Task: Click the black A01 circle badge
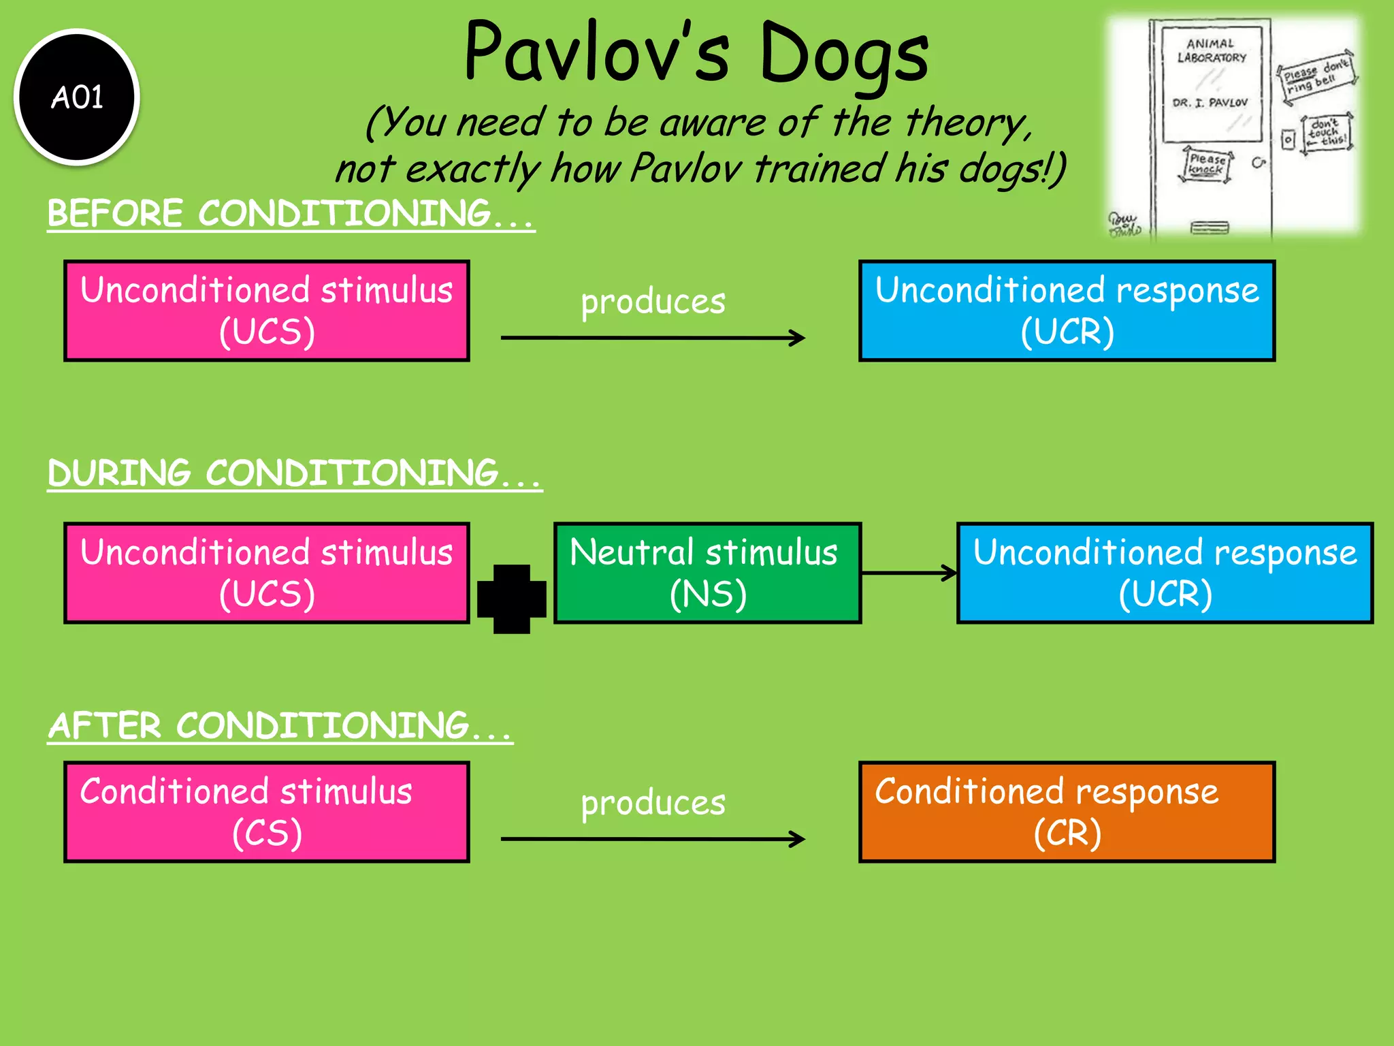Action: [77, 97]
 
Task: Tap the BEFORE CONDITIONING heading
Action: [291, 214]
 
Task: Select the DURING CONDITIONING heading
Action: [294, 473]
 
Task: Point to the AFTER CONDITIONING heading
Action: [279, 726]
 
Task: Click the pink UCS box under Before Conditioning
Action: [267, 311]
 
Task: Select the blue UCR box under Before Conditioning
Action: [1067, 311]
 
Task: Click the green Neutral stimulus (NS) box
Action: [707, 573]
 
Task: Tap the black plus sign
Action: [512, 599]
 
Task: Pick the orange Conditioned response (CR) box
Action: [1067, 812]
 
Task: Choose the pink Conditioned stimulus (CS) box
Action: [267, 812]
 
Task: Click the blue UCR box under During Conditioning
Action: [1165, 573]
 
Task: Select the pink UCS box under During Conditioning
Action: [267, 573]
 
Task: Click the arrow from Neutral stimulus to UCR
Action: [909, 573]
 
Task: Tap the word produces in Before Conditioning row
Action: [653, 302]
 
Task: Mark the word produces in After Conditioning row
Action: [653, 803]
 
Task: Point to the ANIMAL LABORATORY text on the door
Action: [1212, 51]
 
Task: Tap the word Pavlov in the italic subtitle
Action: [685, 168]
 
